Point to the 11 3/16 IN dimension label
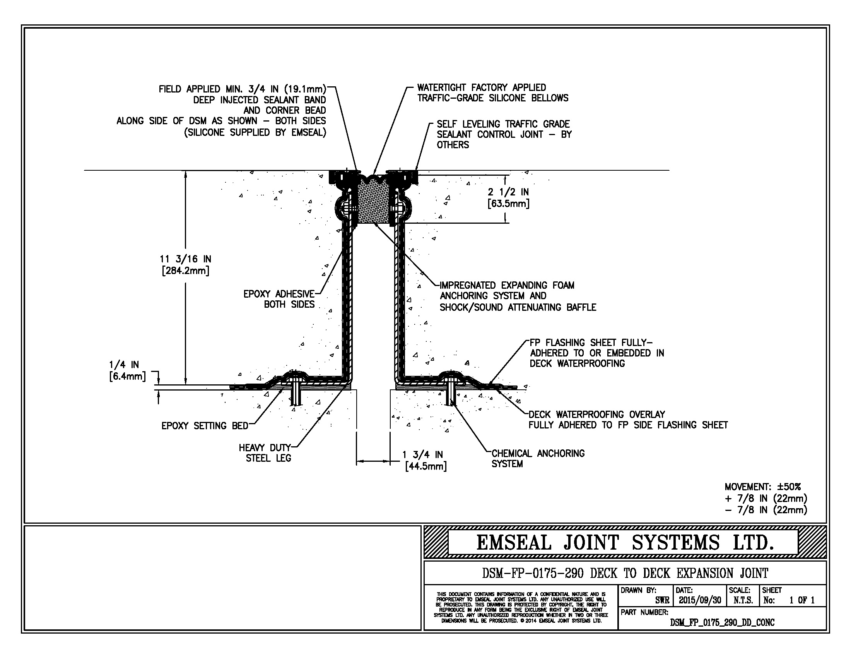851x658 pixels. [x=185, y=259]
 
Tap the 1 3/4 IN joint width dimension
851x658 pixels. [x=422, y=455]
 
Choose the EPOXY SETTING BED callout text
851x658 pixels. [x=205, y=426]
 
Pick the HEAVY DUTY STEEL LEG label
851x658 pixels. [x=265, y=453]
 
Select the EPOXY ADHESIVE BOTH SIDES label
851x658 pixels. [x=279, y=299]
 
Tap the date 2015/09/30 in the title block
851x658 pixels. [x=700, y=600]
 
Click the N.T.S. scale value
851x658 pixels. [x=743, y=600]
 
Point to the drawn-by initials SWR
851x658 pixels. [x=662, y=600]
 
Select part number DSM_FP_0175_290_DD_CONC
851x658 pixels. [x=722, y=622]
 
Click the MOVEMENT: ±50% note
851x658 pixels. [x=762, y=487]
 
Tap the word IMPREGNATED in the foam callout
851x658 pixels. [x=468, y=285]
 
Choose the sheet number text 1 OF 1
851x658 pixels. [x=802, y=600]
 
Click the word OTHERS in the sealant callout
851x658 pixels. [x=453, y=145]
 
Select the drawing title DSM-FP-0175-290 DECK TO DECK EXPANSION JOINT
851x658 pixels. [x=625, y=573]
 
